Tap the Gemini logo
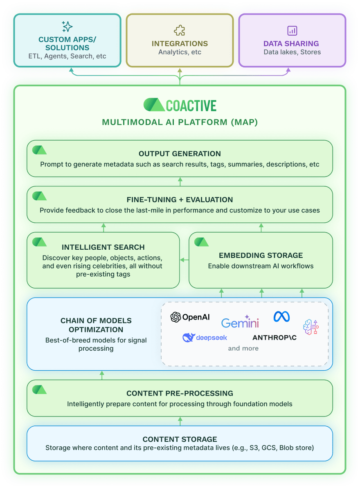pyautogui.click(x=240, y=322)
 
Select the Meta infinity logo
pyautogui.click(x=281, y=316)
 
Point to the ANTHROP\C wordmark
pyautogui.click(x=274, y=338)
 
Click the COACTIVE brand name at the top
pyautogui.click(x=191, y=105)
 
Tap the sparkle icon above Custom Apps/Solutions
pyautogui.click(x=67, y=27)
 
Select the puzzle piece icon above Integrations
pyautogui.click(x=180, y=30)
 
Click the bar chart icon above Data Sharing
pyautogui.click(x=292, y=30)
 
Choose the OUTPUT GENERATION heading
pyautogui.click(x=180, y=154)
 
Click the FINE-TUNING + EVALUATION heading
pyautogui.click(x=180, y=200)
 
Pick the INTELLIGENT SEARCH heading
pyautogui.click(x=103, y=247)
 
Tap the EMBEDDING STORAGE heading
pyautogui.click(x=261, y=255)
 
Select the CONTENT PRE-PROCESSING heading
pyautogui.click(x=180, y=394)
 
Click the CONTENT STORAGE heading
pyautogui.click(x=180, y=439)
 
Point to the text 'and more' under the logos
pyautogui.click(x=243, y=349)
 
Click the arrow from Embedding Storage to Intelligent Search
pyautogui.click(x=184, y=260)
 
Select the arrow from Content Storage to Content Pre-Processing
pyautogui.click(x=180, y=421)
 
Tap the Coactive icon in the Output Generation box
pyautogui.click(x=39, y=150)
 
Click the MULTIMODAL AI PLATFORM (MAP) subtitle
pyautogui.click(x=180, y=122)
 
